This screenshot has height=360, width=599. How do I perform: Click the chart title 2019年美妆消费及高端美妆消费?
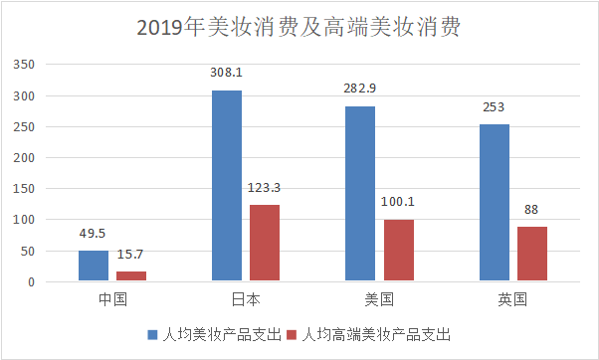click(x=299, y=27)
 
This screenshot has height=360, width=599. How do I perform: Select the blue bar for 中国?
click(x=94, y=266)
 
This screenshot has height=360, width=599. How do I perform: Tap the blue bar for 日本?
click(x=227, y=186)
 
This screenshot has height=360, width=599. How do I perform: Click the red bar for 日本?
click(x=265, y=243)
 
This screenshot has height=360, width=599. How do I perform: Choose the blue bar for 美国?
click(x=360, y=194)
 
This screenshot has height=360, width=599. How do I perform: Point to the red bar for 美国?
click(x=398, y=251)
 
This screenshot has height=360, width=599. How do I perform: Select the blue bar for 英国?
click(x=494, y=203)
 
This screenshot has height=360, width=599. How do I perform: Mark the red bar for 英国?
click(x=531, y=254)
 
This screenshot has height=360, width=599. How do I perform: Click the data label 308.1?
click(x=226, y=73)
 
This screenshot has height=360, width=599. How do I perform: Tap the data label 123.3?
click(x=265, y=187)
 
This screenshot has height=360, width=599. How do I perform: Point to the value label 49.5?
click(x=94, y=234)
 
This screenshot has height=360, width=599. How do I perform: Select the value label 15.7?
click(x=131, y=255)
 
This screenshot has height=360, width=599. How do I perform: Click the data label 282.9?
click(x=360, y=89)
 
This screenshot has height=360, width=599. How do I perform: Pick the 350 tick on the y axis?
click(x=22, y=66)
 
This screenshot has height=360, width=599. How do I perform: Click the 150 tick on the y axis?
click(x=22, y=189)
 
